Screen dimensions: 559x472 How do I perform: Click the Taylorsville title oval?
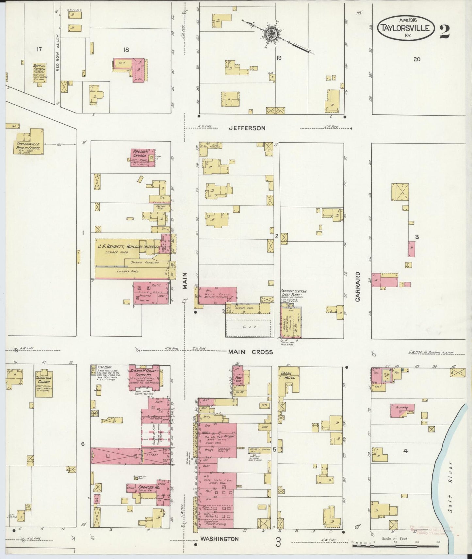pos(406,28)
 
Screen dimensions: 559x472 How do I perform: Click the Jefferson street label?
pos(247,128)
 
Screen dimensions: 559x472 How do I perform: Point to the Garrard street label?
pos(358,286)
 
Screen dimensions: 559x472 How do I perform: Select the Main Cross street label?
pos(250,352)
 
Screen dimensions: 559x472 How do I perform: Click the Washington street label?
pos(219,539)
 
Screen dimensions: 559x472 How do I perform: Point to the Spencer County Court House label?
pos(144,373)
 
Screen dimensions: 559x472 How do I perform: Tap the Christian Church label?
pos(44,380)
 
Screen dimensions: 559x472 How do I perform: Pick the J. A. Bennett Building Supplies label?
pos(128,247)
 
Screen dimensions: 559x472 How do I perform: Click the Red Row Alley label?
pos(57,53)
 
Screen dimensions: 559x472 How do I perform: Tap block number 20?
pos(416,59)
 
